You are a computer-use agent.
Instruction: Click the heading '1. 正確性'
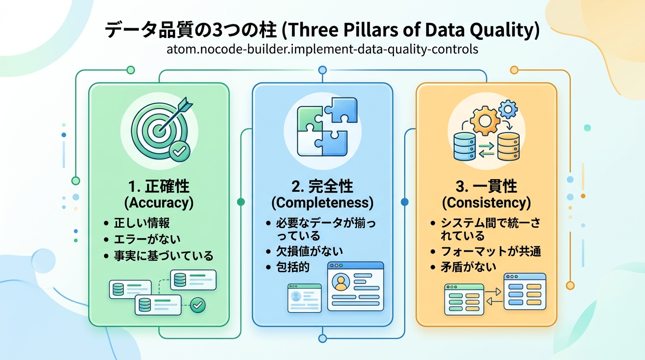[x=158, y=187]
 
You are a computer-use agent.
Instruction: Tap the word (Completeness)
[x=322, y=203]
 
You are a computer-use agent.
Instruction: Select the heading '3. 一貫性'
[x=486, y=187]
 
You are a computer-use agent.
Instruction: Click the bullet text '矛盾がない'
[x=469, y=267]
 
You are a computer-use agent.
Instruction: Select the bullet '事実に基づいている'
[x=164, y=255]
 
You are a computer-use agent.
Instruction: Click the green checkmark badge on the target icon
[x=179, y=151]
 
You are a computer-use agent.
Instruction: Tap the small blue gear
[x=508, y=109]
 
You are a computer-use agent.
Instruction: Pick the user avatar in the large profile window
[x=341, y=282]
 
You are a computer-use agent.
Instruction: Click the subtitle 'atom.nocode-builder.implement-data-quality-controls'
[x=322, y=49]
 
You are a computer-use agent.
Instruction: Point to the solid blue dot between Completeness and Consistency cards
[x=405, y=202]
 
